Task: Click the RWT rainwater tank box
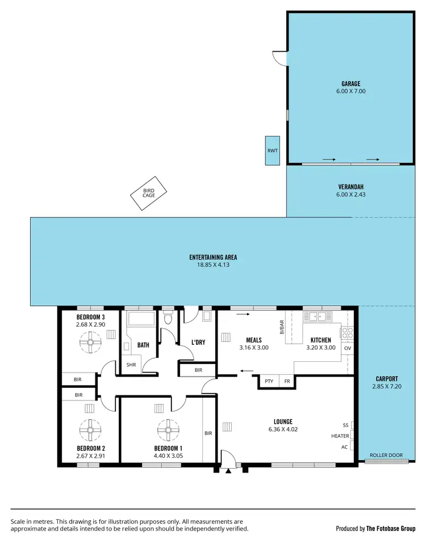point(272,151)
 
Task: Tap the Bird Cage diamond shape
point(149,193)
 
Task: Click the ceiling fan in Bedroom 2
point(90,430)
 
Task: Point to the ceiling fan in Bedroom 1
point(169,430)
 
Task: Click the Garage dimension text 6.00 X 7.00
point(350,91)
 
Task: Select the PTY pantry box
point(269,382)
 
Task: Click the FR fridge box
point(287,382)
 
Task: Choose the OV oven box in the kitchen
point(348,348)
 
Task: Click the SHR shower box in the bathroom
point(131,365)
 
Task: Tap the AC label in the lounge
point(345,446)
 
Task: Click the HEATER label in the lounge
point(340,436)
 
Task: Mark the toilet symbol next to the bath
point(167,318)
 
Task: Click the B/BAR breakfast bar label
point(281,328)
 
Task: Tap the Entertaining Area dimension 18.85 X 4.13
point(213,265)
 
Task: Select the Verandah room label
point(350,187)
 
